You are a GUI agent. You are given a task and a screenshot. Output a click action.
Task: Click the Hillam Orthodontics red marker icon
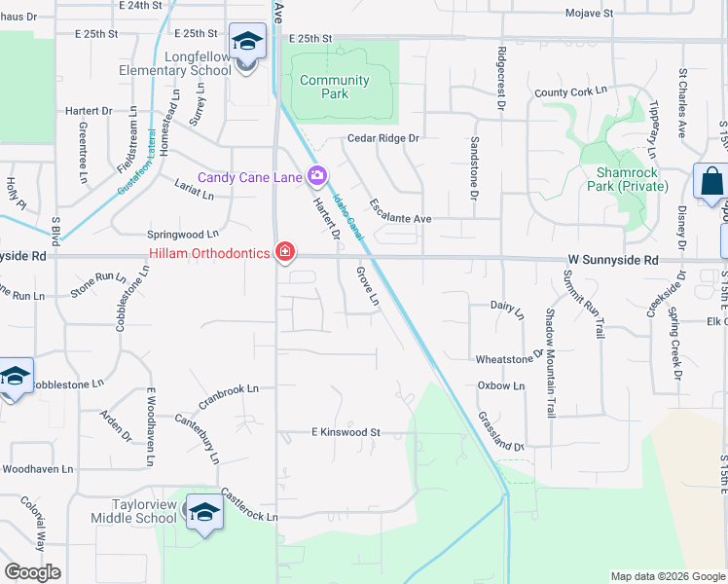[284, 252]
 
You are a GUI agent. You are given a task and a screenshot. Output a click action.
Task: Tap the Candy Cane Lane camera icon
[316, 176]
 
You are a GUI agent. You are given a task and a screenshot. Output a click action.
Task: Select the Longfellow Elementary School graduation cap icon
[246, 43]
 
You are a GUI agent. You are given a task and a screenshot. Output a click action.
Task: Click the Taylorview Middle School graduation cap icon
[204, 512]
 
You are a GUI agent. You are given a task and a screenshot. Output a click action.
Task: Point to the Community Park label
[334, 87]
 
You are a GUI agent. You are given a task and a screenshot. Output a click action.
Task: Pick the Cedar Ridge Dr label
[382, 138]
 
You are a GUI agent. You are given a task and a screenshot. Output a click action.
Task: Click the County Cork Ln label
[570, 92]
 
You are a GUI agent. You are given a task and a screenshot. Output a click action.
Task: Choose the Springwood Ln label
[182, 235]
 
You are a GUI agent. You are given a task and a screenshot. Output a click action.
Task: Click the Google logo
[33, 571]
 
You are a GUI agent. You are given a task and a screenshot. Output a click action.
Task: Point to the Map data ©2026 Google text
[667, 576]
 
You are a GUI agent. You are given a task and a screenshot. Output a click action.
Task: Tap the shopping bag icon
[710, 181]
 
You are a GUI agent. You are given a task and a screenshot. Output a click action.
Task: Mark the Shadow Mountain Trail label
[551, 362]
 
